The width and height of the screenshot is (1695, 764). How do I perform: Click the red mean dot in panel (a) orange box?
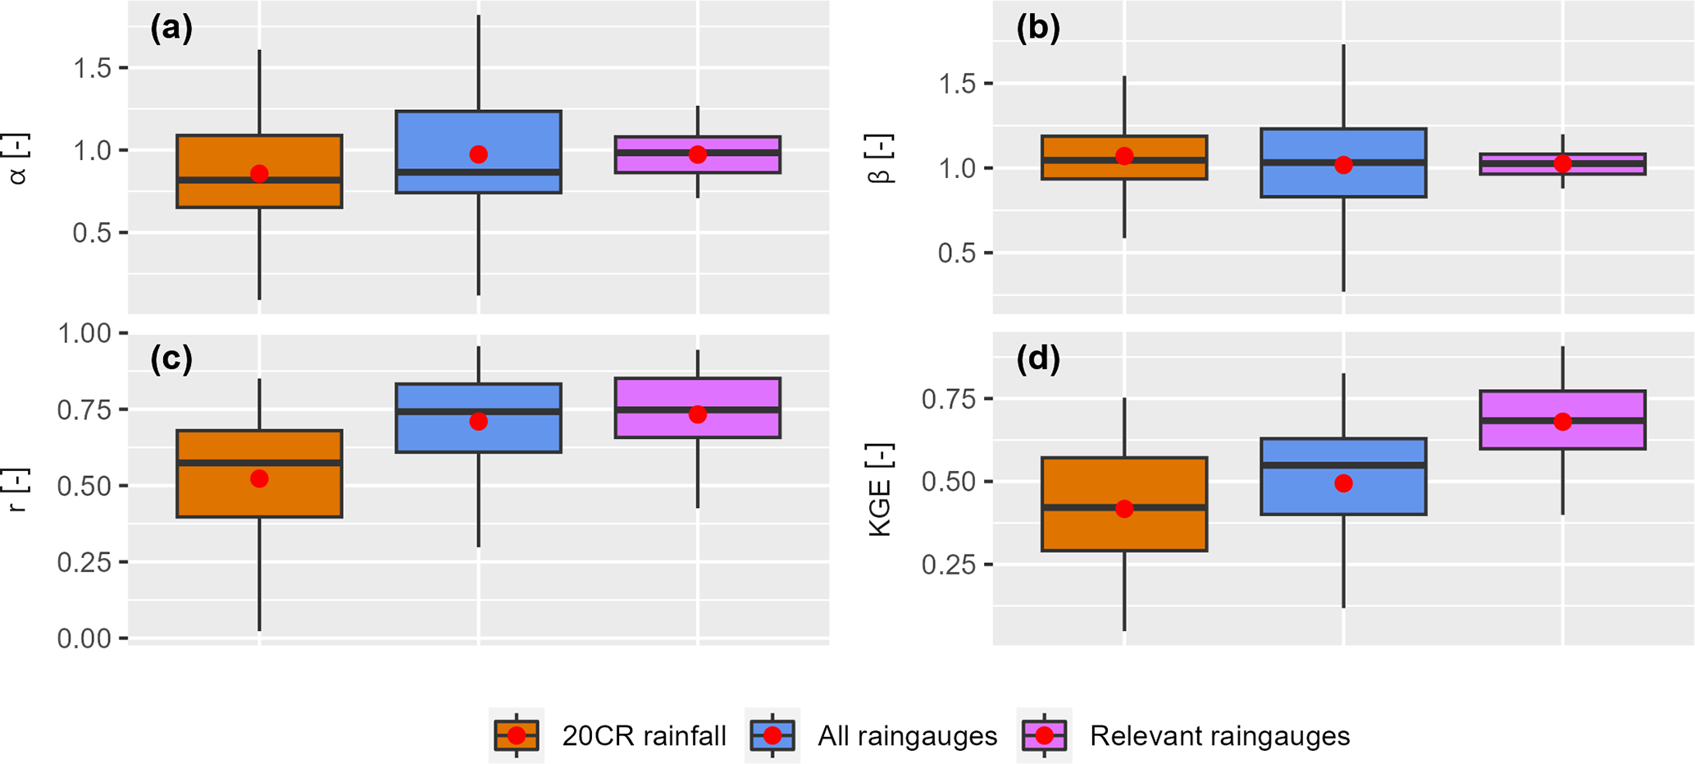click(259, 174)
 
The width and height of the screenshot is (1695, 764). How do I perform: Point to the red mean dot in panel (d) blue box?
click(1343, 483)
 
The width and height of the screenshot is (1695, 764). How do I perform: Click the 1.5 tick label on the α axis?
click(92, 68)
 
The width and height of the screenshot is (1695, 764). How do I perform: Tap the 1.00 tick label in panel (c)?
click(84, 334)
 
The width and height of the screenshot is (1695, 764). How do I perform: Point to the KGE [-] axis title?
click(881, 490)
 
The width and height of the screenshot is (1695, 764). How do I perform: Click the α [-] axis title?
click(18, 159)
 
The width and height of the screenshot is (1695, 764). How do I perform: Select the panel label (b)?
click(1038, 29)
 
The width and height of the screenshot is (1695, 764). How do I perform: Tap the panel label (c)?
click(171, 359)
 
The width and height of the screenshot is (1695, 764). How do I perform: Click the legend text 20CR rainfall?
click(644, 736)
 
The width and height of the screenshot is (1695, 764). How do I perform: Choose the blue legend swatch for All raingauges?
click(772, 735)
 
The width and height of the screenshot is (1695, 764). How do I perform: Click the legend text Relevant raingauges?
click(1219, 736)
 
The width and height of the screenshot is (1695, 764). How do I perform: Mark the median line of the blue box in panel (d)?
click(1343, 465)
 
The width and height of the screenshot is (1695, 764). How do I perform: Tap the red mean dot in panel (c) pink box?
click(698, 414)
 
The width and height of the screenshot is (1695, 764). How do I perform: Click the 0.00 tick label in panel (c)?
click(84, 638)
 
